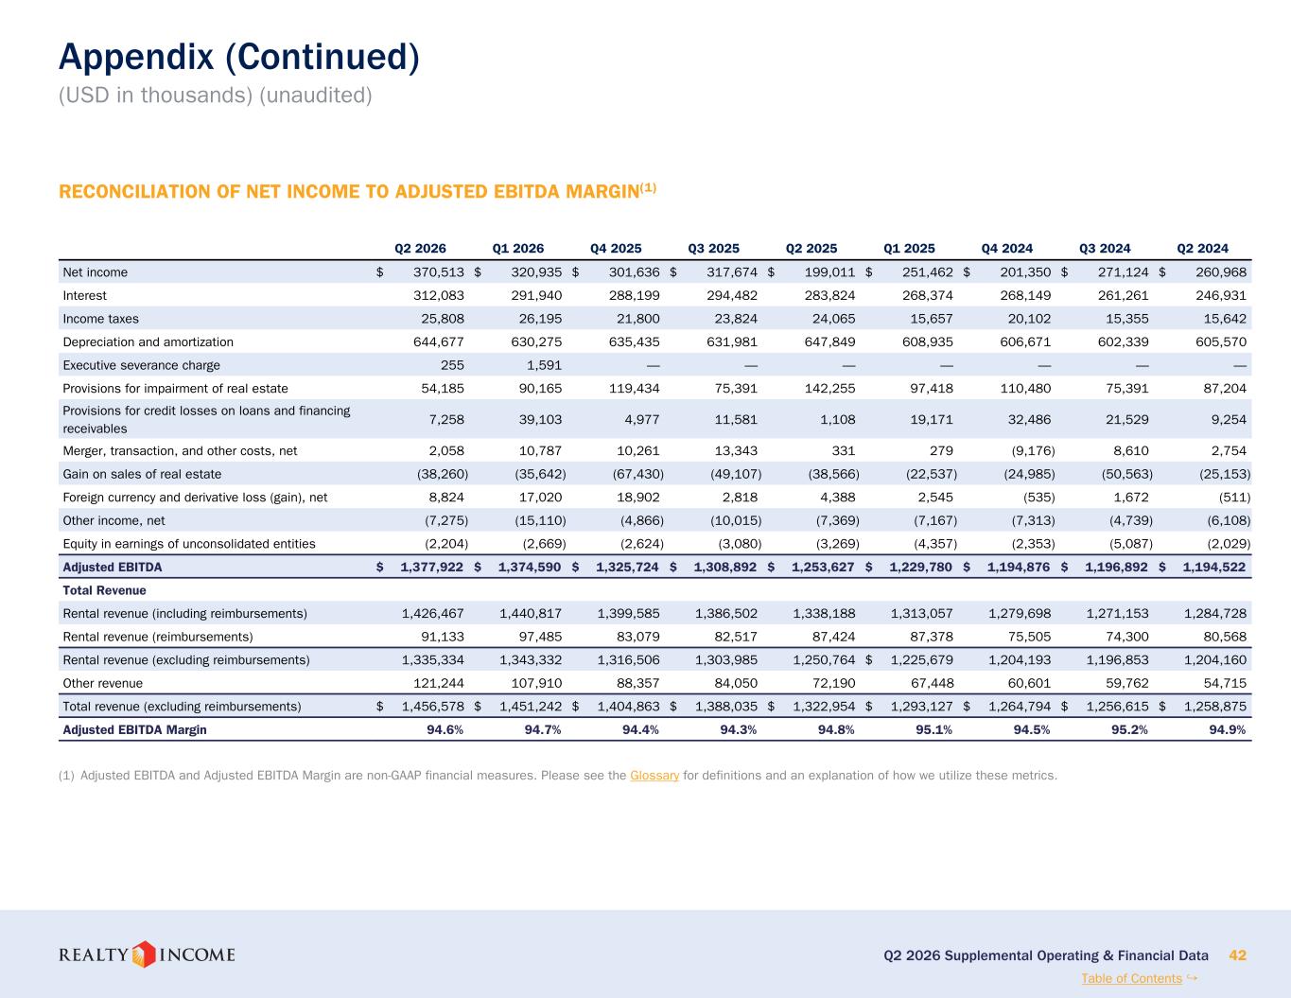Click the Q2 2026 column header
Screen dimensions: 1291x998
pos(420,248)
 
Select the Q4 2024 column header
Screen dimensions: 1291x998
pos(1007,248)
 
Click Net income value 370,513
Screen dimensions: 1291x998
pos(439,272)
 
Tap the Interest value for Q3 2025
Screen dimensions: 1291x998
pos(732,295)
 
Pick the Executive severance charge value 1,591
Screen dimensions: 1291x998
pos(544,365)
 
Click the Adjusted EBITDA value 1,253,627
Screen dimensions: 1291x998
pos(824,568)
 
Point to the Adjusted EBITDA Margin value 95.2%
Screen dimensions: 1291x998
pos(1129,729)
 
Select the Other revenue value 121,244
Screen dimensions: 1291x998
pos(439,683)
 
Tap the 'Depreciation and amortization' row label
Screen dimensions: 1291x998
pos(148,342)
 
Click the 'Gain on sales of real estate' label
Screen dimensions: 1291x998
pos(142,474)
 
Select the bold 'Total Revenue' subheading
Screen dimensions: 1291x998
pos(105,590)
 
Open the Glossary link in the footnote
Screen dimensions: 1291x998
pos(654,776)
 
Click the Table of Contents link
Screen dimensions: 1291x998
pos(1131,978)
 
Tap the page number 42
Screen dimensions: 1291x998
pos(1237,955)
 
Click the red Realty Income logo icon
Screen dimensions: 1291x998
pos(143,954)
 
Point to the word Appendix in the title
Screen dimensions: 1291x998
pos(136,58)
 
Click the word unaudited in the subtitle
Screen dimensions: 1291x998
pos(316,95)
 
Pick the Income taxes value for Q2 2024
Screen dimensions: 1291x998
pos(1225,319)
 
